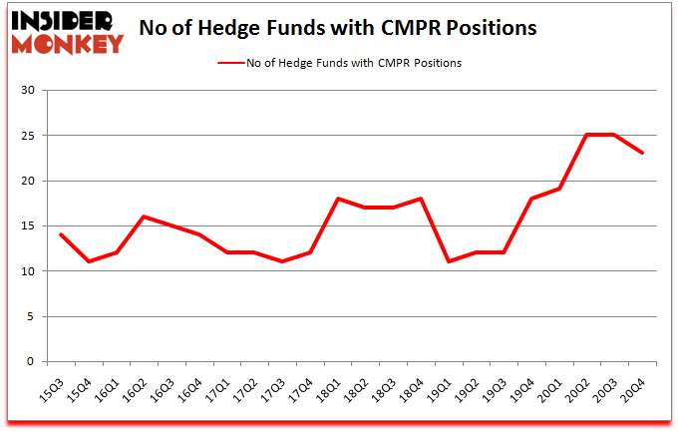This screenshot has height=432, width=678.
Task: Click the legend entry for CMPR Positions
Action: [339, 63]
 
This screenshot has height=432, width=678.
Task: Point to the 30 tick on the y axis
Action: [29, 91]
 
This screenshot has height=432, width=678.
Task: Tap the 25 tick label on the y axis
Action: [29, 136]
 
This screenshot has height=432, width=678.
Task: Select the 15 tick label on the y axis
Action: [29, 226]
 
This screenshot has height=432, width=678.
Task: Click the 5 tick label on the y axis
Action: [32, 317]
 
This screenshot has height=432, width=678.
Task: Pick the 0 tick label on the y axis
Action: [32, 362]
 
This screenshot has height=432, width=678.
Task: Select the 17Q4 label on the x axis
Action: [311, 384]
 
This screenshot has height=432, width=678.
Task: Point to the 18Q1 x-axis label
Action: [339, 384]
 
